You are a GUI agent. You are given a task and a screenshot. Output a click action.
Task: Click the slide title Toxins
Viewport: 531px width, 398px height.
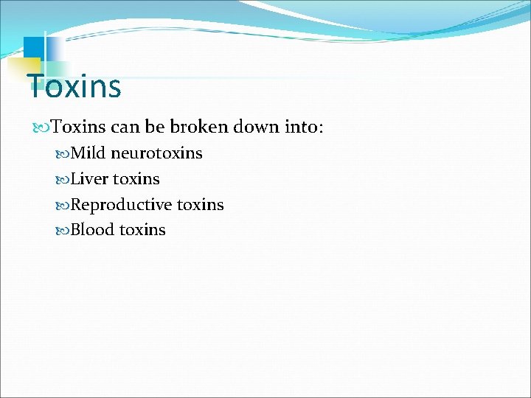pos(74,86)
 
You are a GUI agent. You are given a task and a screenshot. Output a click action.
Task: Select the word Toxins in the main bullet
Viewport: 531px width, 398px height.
pos(78,127)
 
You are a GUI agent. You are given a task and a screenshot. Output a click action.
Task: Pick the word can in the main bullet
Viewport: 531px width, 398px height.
pos(125,127)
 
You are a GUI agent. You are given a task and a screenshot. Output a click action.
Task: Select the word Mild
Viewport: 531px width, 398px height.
pos(88,153)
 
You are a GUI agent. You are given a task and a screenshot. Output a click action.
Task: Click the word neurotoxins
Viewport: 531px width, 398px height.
pos(156,153)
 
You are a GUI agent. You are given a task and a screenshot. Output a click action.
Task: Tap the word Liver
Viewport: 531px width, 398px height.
pos(89,179)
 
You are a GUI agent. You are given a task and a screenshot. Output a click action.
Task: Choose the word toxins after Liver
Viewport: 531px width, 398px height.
pos(136,179)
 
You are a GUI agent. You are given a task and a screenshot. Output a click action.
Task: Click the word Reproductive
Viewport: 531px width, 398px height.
pos(122,205)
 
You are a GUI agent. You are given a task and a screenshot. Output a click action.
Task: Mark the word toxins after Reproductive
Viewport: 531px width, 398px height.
pos(201,205)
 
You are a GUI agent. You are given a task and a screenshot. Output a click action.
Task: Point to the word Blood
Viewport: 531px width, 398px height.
pos(92,230)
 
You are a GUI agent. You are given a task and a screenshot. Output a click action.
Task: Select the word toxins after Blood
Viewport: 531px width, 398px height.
pos(142,230)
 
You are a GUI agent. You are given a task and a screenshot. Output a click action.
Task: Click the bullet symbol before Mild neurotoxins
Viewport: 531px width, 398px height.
pos(63,154)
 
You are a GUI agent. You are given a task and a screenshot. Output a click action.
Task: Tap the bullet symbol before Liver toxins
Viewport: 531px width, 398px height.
pos(63,180)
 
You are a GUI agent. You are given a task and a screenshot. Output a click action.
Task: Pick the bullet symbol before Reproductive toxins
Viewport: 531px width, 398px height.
pos(63,206)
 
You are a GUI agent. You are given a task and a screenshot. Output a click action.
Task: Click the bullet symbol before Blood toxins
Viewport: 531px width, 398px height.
pos(63,231)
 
